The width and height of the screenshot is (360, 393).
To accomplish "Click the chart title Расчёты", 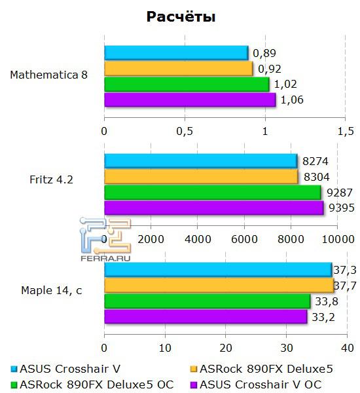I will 180,16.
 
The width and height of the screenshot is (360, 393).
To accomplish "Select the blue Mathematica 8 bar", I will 175,52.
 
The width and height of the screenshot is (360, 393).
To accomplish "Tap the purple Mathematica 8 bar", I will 189,100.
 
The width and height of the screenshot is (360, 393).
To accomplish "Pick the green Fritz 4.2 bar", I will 212,192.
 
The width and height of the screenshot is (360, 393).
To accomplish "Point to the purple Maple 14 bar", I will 206,317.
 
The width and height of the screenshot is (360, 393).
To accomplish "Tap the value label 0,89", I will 265,52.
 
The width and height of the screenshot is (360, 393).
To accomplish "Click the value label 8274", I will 317,160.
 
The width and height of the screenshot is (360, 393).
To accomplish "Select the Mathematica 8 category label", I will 48,75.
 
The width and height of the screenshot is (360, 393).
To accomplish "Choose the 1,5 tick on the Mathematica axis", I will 344,132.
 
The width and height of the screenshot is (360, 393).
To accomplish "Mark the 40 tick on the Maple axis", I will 348,347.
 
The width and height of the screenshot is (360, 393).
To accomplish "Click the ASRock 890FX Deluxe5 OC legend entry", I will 96,384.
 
